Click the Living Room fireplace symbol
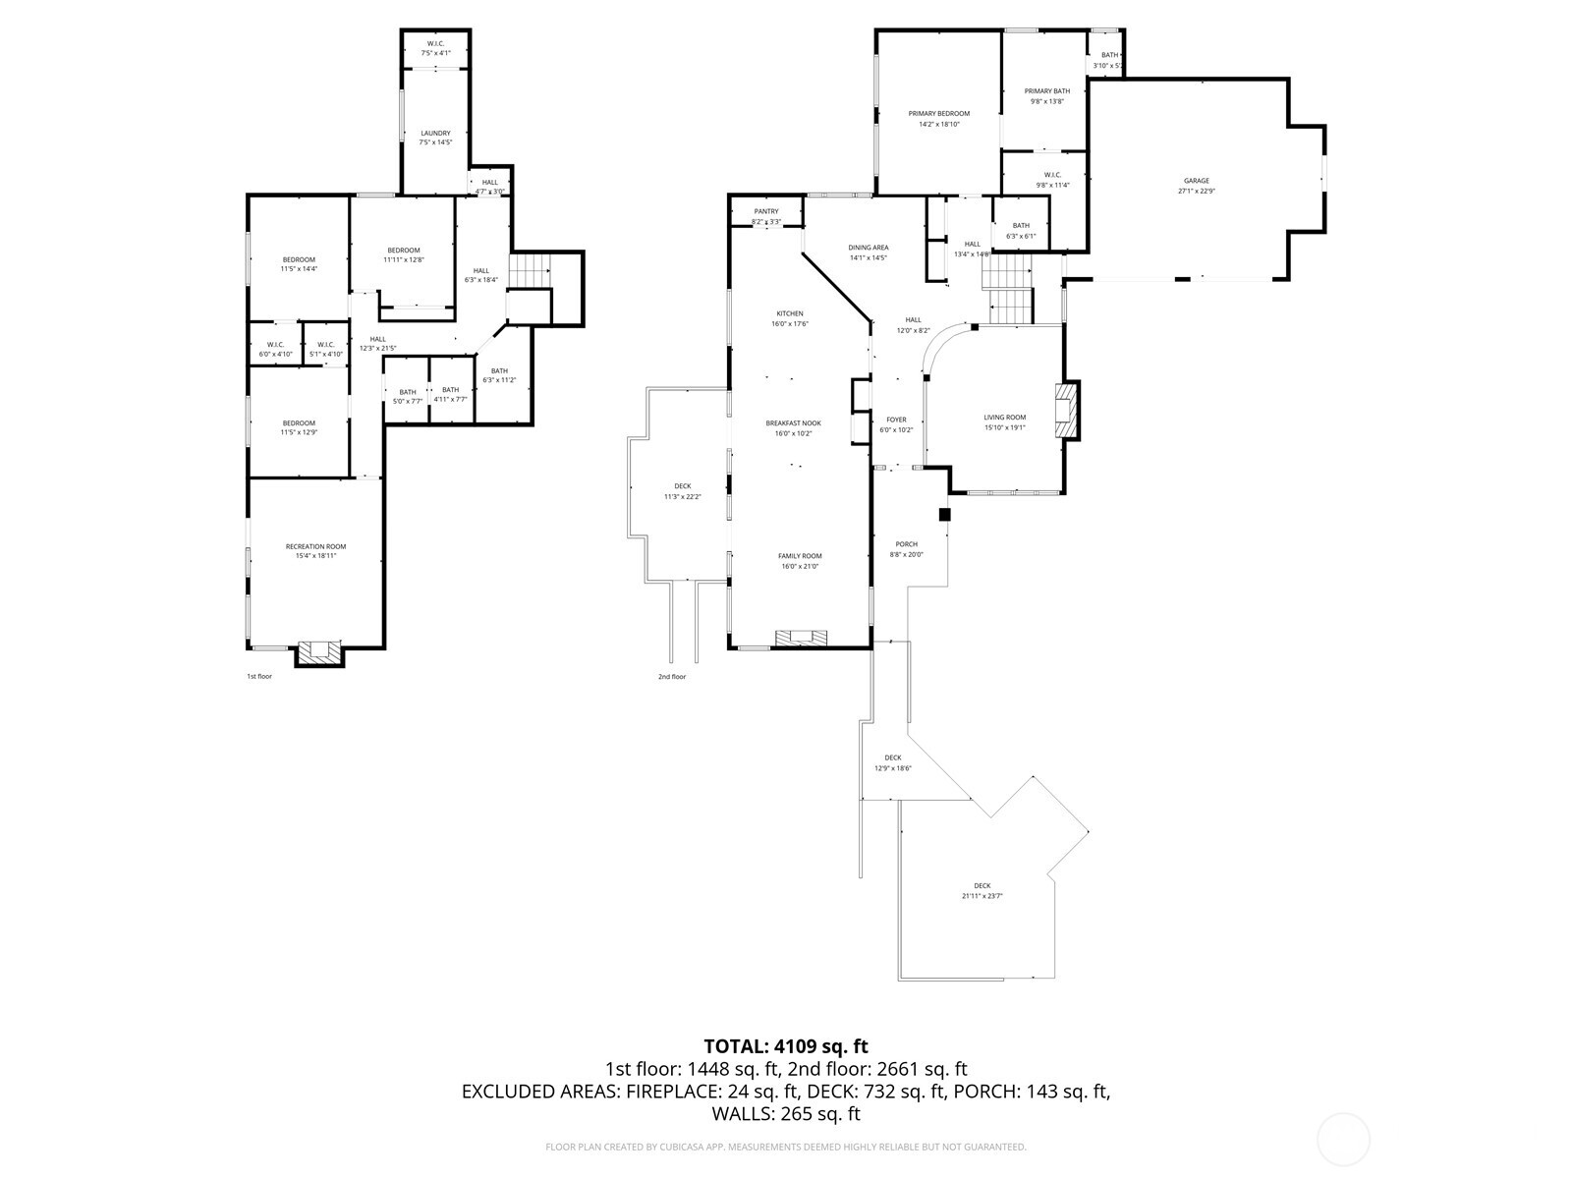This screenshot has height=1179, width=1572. tap(1065, 411)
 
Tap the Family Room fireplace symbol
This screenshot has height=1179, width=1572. tap(801, 638)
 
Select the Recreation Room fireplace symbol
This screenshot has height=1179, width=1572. tap(318, 651)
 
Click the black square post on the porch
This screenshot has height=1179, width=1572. tap(945, 514)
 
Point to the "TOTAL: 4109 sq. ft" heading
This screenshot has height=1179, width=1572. tap(786, 1046)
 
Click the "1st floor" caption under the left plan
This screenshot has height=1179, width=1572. tap(258, 676)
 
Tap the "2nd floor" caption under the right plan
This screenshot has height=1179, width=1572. tap(672, 676)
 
